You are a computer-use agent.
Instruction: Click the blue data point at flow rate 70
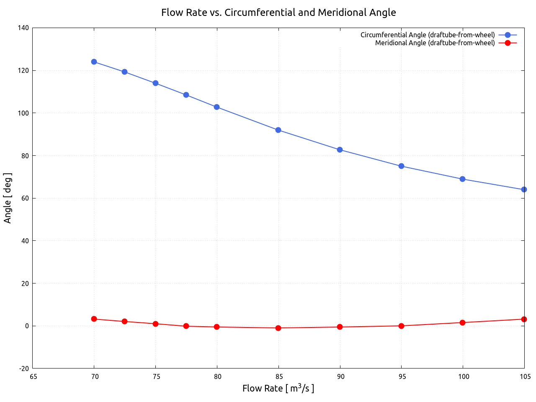coord(94,62)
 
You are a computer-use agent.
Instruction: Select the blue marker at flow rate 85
coord(278,130)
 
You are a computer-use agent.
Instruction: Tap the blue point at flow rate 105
coord(524,190)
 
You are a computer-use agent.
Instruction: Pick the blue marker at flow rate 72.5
coord(124,72)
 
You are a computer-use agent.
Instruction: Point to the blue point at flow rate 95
coord(401,166)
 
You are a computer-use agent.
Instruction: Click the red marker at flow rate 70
coord(94,319)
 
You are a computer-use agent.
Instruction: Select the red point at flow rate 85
coord(278,328)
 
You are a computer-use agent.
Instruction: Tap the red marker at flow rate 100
coord(462,322)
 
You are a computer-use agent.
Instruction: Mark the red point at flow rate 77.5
coord(186,326)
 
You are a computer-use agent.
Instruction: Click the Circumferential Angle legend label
coord(428,35)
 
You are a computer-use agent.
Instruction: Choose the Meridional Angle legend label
coord(435,43)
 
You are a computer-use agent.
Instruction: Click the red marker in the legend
coord(508,43)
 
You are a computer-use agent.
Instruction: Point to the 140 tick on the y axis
coord(24,28)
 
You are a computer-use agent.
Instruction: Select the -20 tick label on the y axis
coord(24,368)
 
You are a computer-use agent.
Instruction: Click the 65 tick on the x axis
coord(33,376)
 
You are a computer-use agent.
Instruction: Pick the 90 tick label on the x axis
coord(340,376)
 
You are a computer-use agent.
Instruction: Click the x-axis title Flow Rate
coord(278,388)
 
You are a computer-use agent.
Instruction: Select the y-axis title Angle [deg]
coord(8,198)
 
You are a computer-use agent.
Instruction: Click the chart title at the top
coord(278,13)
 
